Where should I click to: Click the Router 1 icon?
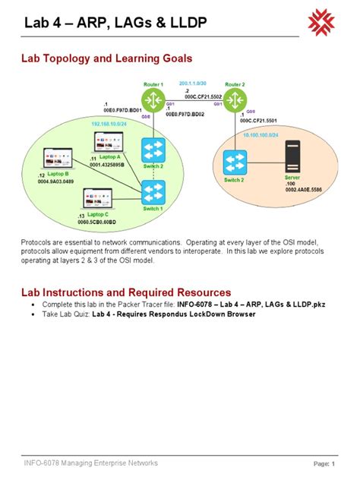click(x=153, y=99)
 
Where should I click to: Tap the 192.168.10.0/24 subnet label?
click(x=108, y=123)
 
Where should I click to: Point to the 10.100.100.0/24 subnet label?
click(x=260, y=134)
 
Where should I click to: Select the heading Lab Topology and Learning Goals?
click(x=106, y=58)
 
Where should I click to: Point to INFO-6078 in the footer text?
click(x=39, y=463)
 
